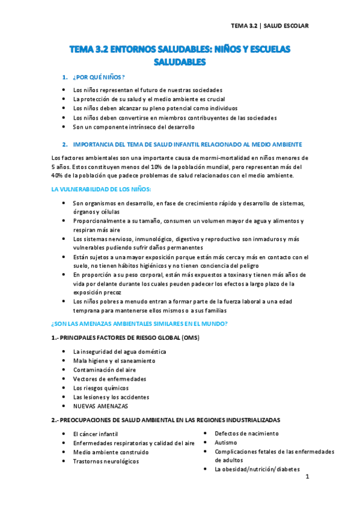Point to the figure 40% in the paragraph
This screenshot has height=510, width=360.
59,176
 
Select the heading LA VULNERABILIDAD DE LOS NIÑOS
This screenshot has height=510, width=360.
101,189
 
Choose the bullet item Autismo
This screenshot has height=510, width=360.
226,442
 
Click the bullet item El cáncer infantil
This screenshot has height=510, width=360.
95,434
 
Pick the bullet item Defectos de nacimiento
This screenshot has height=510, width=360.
246,433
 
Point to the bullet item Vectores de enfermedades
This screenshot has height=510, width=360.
109,379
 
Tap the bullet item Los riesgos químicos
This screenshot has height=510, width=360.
100,388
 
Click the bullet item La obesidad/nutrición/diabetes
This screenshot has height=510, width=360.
257,470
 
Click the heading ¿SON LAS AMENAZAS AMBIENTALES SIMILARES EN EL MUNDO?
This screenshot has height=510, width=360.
139,324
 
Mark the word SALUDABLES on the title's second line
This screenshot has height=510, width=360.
180,61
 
